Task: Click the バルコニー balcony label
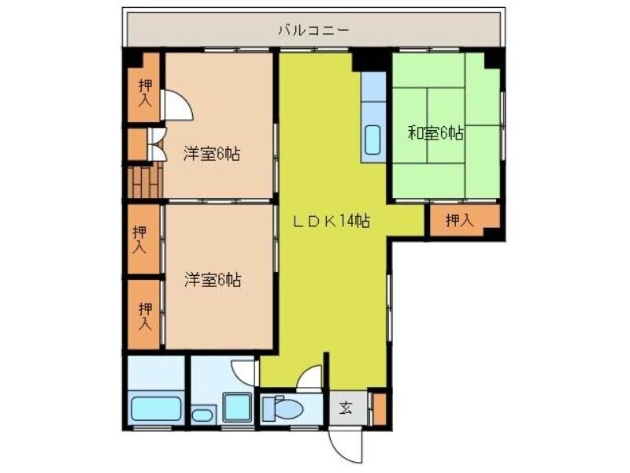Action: click(x=313, y=31)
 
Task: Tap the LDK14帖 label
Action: click(x=332, y=222)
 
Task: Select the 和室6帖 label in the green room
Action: click(x=435, y=133)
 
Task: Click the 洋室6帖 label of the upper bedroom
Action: click(x=212, y=154)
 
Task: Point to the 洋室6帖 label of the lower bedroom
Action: click(x=213, y=279)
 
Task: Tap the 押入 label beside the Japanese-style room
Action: click(x=459, y=222)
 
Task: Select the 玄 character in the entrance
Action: click(x=346, y=408)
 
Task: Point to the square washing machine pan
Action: click(x=236, y=407)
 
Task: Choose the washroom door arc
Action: click(x=244, y=371)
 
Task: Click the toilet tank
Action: click(x=266, y=409)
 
